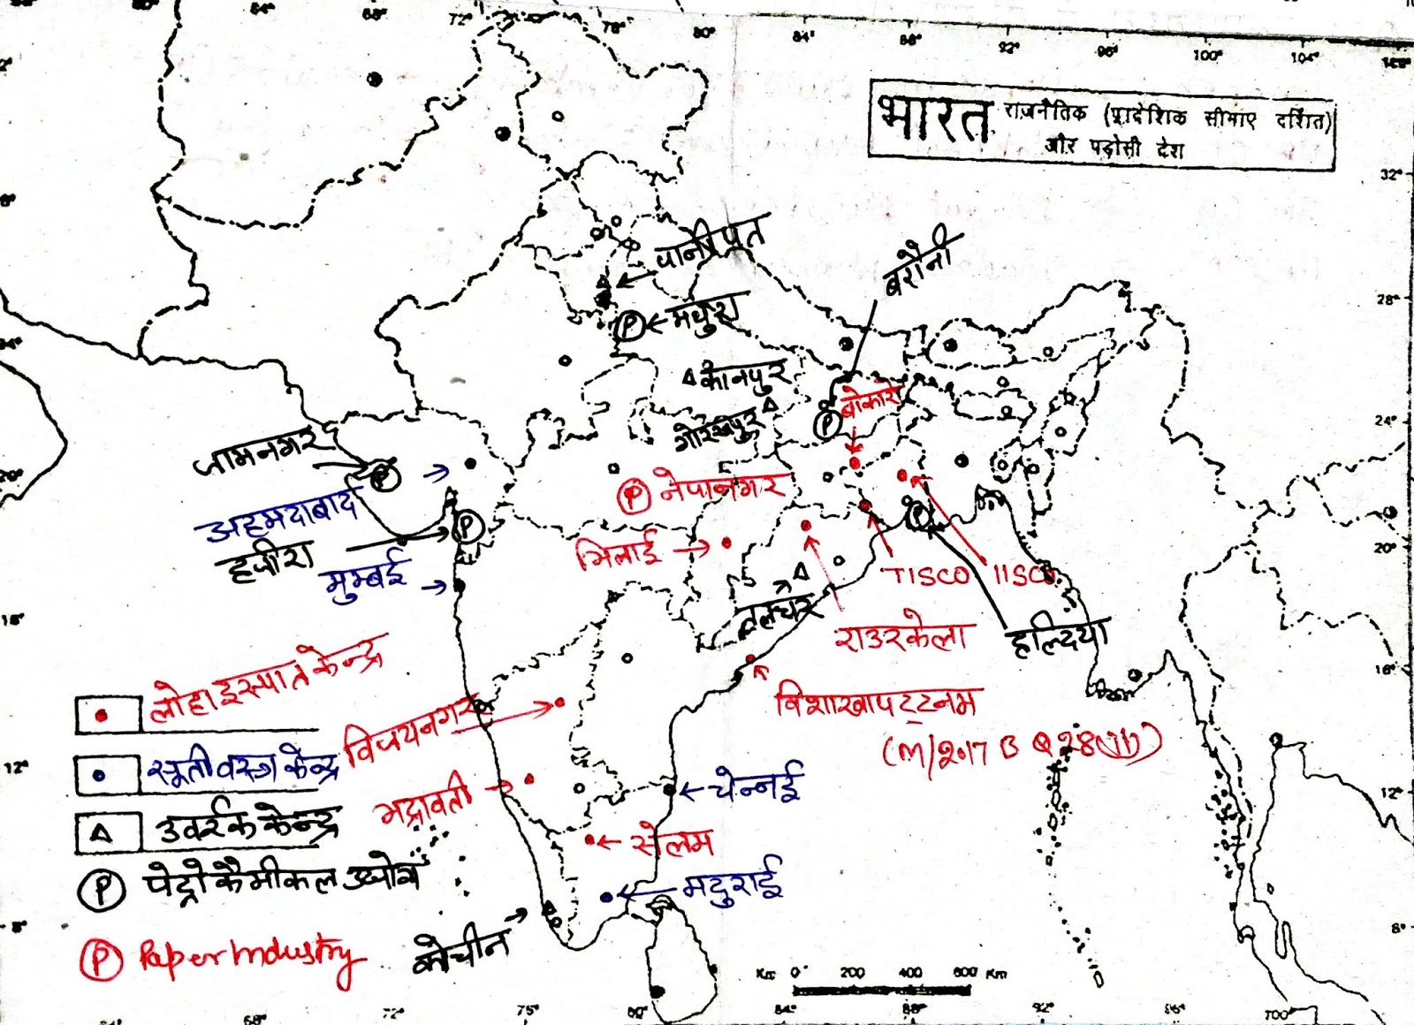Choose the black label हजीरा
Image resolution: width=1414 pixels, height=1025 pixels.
pos(265,557)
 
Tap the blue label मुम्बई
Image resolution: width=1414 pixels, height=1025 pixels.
pos(367,577)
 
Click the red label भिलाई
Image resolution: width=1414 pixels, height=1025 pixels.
pos(619,553)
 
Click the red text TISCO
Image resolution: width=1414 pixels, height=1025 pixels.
pos(926,576)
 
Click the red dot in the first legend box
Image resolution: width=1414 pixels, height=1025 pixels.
pos(103,715)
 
